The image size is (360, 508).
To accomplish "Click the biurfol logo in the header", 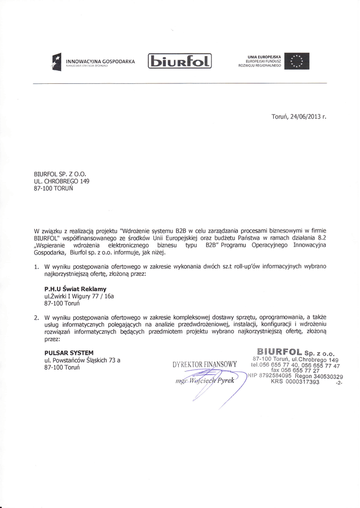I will (x=180, y=62).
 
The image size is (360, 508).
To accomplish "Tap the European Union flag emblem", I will (x=297, y=62).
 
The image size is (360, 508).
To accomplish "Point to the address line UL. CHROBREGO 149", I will (x=62, y=182).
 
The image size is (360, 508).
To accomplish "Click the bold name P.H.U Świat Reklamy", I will (x=75, y=288).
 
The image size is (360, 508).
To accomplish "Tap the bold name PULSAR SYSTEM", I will (x=69, y=353).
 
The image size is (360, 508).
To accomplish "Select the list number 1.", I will (x=36, y=266).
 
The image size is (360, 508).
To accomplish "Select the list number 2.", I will (x=36, y=317).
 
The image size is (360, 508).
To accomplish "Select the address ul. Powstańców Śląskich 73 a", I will (x=82, y=360).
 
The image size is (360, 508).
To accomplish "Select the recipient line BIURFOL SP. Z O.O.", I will (x=60, y=174).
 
